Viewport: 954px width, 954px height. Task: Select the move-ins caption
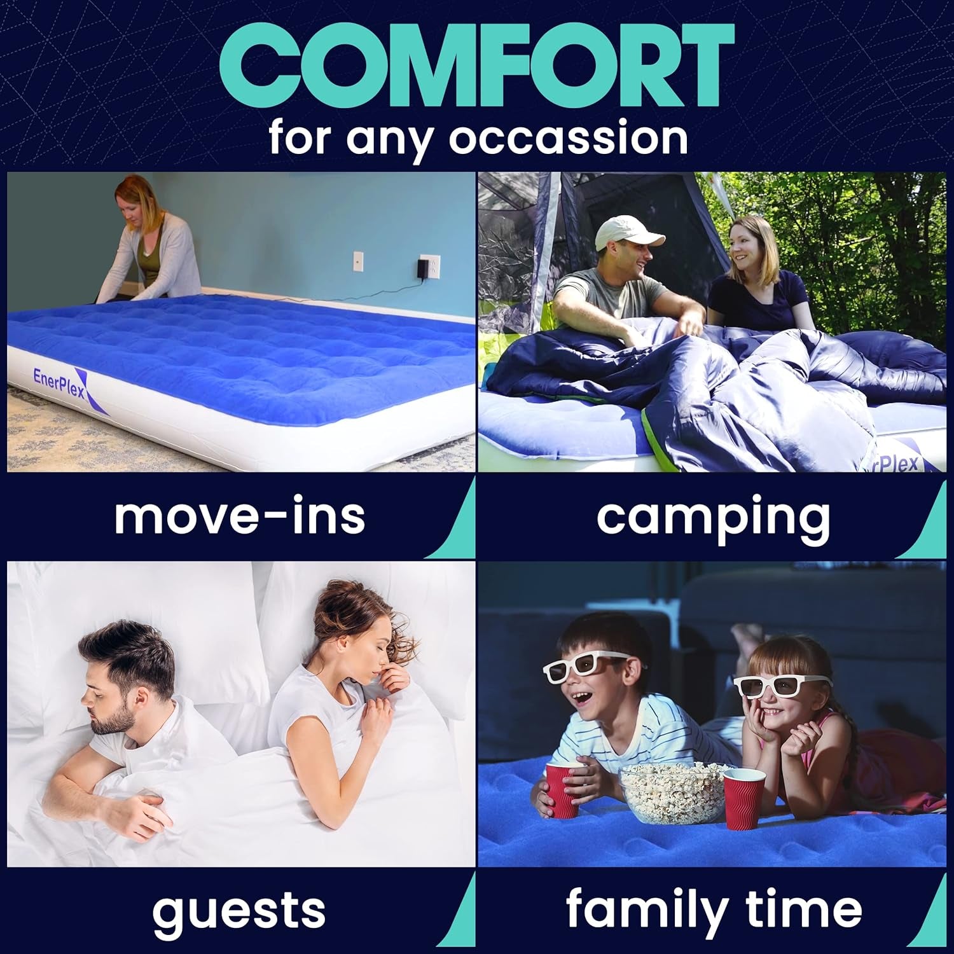point(240,516)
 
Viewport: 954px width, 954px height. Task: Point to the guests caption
point(238,910)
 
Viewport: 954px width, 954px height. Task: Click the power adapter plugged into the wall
point(422,268)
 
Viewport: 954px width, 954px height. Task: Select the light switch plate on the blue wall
point(357,261)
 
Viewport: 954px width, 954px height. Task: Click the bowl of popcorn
point(672,792)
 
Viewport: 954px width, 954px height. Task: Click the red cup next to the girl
point(744,798)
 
